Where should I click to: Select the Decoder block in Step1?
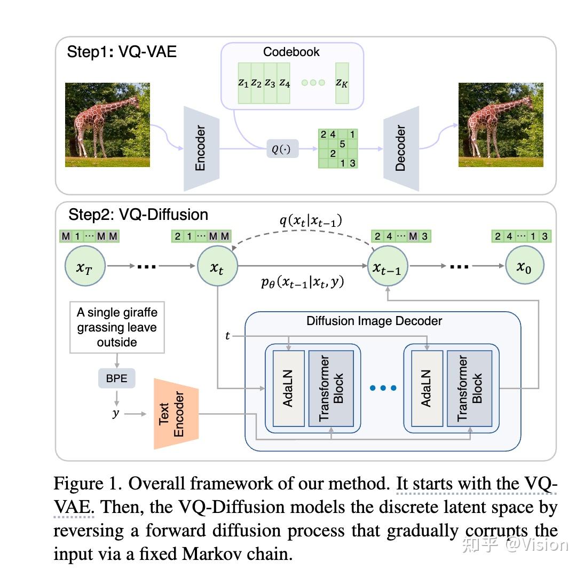coord(401,148)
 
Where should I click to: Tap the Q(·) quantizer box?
coord(282,149)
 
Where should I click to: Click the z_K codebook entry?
coord(342,83)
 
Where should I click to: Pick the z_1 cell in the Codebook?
coord(243,83)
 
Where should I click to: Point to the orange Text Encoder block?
coord(176,414)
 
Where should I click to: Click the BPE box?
coord(116,378)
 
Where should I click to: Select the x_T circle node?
coord(85,265)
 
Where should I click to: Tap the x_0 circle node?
coord(525,265)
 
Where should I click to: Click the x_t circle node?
coord(217,265)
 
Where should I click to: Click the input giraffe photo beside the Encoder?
coord(107,125)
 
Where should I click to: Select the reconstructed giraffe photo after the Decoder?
coord(501,125)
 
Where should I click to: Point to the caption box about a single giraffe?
coord(117,327)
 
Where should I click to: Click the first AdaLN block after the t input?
coord(288,389)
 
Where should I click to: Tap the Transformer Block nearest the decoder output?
coord(470,389)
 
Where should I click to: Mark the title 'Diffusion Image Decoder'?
coord(374,321)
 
